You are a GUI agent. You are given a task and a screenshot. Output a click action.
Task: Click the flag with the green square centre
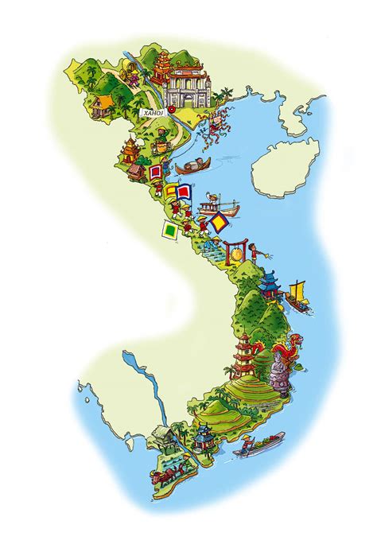(169, 231)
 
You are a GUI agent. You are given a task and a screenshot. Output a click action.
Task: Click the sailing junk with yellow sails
(298, 293)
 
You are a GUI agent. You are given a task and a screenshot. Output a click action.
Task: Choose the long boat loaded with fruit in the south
(259, 444)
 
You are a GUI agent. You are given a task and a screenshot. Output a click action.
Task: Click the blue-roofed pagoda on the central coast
(270, 284)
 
